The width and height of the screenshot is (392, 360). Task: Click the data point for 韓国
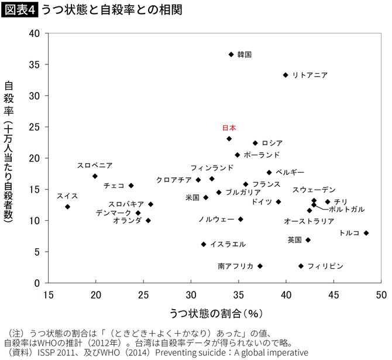[231, 54]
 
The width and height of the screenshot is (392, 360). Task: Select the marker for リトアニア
[286, 75]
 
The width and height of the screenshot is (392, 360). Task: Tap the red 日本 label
[229, 128]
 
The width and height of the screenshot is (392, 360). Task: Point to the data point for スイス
[68, 207]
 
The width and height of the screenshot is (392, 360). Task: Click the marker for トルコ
[366, 233]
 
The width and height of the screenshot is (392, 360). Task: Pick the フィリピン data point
[301, 266]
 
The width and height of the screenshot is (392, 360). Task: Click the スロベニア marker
[95, 176]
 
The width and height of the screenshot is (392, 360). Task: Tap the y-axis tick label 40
[34, 33]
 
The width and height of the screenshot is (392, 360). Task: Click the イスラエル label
[228, 244]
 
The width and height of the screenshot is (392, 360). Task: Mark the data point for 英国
[308, 240]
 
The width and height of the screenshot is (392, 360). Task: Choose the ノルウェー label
[216, 219]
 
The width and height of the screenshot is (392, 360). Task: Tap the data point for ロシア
[255, 143]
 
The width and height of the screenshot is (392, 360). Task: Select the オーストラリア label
[309, 221]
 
